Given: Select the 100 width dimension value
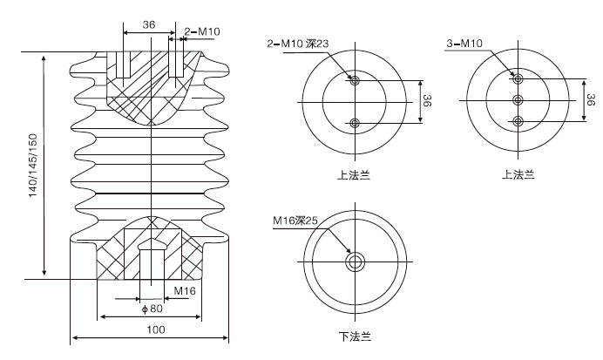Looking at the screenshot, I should pyautogui.click(x=156, y=329).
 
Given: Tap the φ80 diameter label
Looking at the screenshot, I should pyautogui.click(x=152, y=308).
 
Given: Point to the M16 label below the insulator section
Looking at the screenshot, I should pyautogui.click(x=184, y=290).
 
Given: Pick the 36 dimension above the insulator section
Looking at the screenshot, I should pyautogui.click(x=148, y=25).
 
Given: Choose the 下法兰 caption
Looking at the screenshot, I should pyautogui.click(x=354, y=336).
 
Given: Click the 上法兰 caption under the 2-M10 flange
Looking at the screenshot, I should pyautogui.click(x=354, y=173).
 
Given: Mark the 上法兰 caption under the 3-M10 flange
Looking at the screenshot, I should pyautogui.click(x=518, y=173).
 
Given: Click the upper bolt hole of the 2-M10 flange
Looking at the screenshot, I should pyautogui.click(x=354, y=80).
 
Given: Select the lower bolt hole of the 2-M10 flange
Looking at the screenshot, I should pyautogui.click(x=354, y=123).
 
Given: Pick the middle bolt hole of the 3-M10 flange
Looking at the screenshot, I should pyautogui.click(x=518, y=100).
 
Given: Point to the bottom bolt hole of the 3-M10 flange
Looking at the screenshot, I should pyautogui.click(x=518, y=120).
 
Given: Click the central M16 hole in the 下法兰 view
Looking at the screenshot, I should pyautogui.click(x=354, y=262).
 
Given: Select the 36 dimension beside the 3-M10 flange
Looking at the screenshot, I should pyautogui.click(x=591, y=99).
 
